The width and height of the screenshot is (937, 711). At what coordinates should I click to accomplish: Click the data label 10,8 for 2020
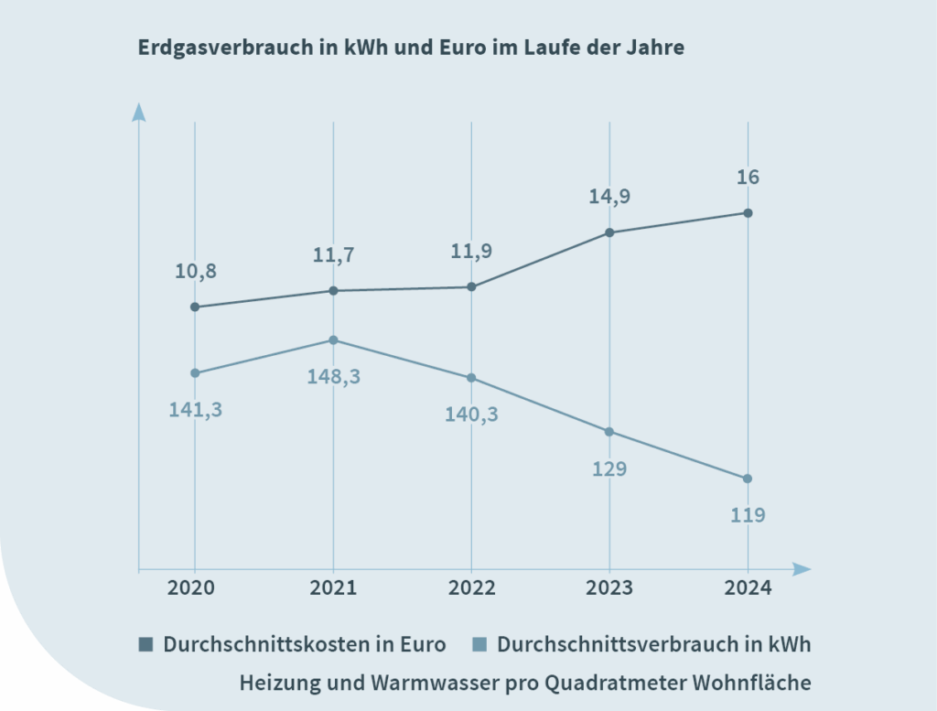coord(195,271)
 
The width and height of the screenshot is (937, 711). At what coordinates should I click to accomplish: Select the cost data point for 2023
coord(609,232)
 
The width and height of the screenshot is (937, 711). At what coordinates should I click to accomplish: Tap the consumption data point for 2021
coord(333,340)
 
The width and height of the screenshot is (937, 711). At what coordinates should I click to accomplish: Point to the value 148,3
coord(333,376)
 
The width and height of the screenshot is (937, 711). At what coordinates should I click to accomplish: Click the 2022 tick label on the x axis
coord(471,587)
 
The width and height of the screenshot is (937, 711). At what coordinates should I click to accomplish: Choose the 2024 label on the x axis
coord(748,587)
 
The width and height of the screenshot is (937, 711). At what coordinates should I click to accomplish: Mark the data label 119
coord(748,515)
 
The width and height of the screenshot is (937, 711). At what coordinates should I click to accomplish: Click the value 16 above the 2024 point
coord(748,177)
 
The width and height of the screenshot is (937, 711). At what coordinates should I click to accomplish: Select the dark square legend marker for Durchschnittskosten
coord(146,644)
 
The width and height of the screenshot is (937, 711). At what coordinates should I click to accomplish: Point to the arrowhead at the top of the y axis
coord(139,113)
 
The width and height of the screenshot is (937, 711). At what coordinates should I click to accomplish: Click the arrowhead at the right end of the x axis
coord(802,569)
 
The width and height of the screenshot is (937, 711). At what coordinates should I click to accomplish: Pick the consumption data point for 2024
coord(748,479)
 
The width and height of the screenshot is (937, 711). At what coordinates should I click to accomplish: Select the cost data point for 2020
coord(195,307)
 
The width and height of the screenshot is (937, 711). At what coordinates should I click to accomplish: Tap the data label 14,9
coord(609,196)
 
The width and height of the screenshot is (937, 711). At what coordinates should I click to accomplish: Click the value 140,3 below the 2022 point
coord(471,414)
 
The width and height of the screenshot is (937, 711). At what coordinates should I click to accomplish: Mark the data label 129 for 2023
coord(609,469)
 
